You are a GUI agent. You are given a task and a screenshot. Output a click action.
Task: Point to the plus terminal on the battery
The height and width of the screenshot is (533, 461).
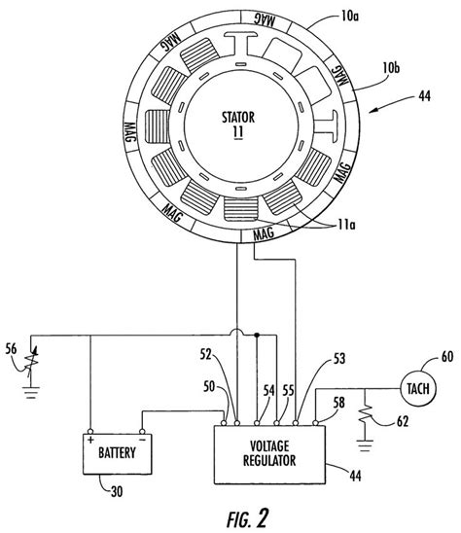tap(89, 435)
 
